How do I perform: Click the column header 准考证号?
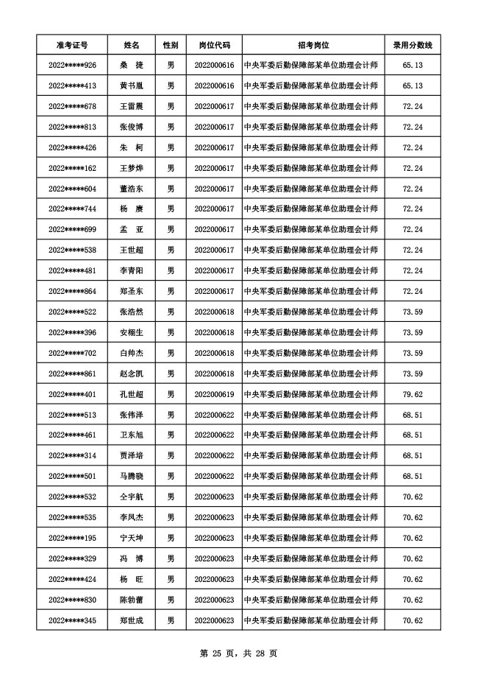(x=72, y=45)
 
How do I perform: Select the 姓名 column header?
(x=131, y=45)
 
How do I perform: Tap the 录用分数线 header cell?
(x=413, y=45)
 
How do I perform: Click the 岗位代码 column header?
(x=214, y=45)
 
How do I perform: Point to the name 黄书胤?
(x=131, y=86)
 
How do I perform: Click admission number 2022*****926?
(x=72, y=66)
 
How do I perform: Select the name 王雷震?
(x=131, y=107)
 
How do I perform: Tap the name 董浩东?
(x=131, y=189)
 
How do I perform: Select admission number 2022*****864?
(x=72, y=291)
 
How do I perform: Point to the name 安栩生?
(x=131, y=332)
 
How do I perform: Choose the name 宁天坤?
(x=131, y=538)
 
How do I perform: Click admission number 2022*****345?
(x=72, y=620)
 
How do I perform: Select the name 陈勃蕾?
(x=131, y=600)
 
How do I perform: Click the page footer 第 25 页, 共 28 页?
(x=238, y=653)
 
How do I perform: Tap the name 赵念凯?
(x=131, y=373)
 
